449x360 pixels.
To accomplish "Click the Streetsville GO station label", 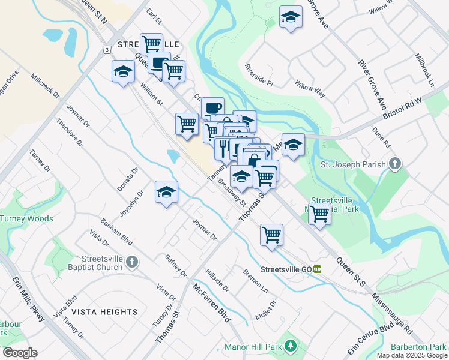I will (x=287, y=269).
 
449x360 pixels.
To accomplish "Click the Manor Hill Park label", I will (x=253, y=347).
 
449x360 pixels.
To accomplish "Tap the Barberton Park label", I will (x=418, y=347).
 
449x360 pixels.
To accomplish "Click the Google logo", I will (x=19, y=353).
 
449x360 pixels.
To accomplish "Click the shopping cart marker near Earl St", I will (x=151, y=43).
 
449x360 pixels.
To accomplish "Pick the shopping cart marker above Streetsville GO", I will (x=271, y=233).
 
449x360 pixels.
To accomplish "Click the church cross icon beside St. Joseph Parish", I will (x=394, y=163).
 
